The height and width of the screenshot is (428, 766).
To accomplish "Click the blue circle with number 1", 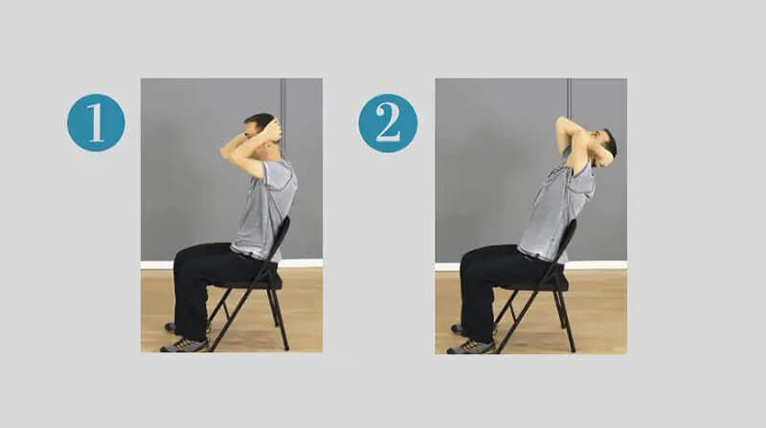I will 96,123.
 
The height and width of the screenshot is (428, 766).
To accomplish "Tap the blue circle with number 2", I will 388,123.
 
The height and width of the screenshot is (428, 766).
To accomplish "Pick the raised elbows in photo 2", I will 563,127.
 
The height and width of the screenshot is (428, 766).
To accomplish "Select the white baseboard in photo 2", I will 603,264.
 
